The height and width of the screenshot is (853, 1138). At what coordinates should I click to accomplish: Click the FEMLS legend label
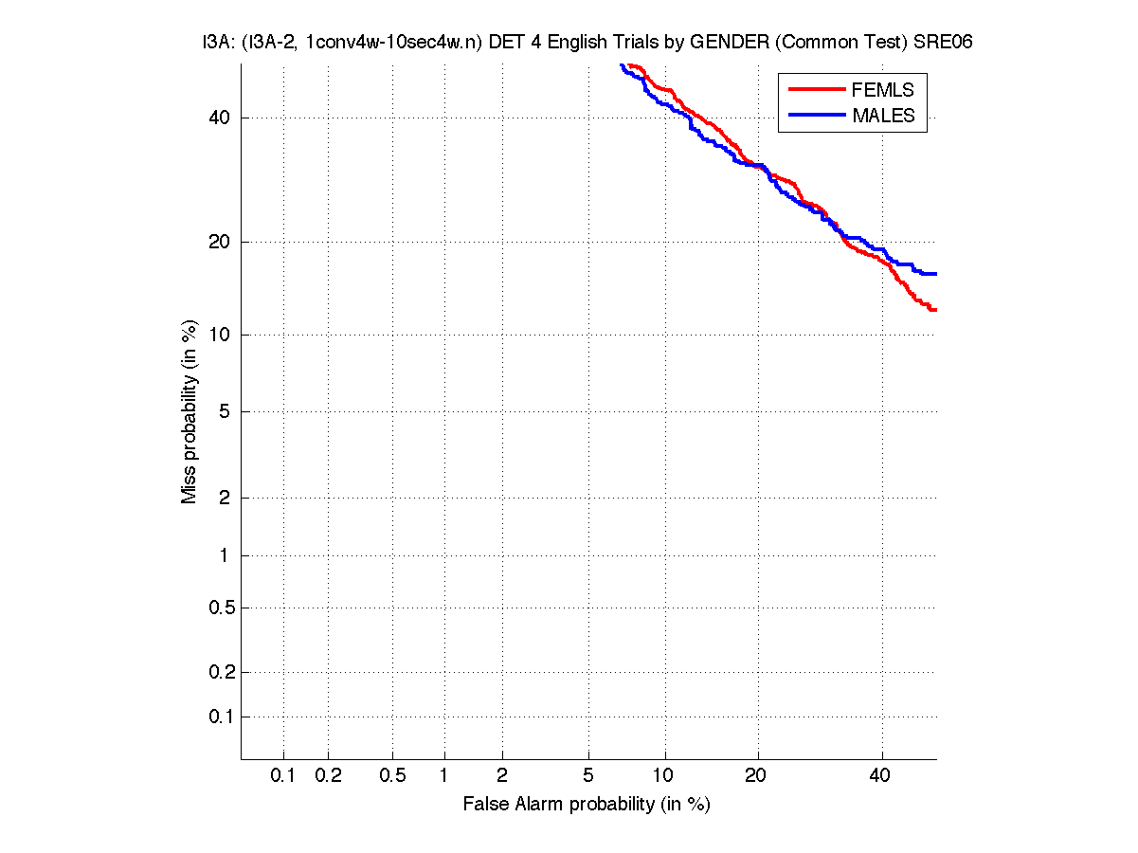coord(883,90)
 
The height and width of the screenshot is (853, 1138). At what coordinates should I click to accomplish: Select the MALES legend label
coord(883,116)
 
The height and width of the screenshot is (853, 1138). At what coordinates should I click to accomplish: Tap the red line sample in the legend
coord(816,89)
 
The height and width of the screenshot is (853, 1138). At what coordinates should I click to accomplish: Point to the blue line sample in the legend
coord(816,115)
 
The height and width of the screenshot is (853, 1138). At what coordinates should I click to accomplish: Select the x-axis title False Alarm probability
coord(586,805)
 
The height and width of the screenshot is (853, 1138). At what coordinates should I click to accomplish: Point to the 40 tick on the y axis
coord(220,118)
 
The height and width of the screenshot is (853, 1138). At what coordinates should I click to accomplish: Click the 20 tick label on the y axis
coord(220,242)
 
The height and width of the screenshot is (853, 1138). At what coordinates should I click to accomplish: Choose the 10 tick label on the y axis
coord(220,335)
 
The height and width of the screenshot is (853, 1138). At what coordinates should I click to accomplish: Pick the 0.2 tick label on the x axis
coord(328,776)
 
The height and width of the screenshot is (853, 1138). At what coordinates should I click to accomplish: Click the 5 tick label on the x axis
coord(588,776)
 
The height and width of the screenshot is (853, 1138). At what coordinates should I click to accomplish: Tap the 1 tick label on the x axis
coord(444,776)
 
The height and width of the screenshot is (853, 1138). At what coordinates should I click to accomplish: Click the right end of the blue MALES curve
coord(935,274)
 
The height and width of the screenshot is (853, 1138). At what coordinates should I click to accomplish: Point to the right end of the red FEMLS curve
coord(935,310)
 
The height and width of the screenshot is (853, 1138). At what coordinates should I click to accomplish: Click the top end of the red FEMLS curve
coord(629,65)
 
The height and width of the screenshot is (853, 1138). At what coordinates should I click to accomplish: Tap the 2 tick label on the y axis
coord(224,498)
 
